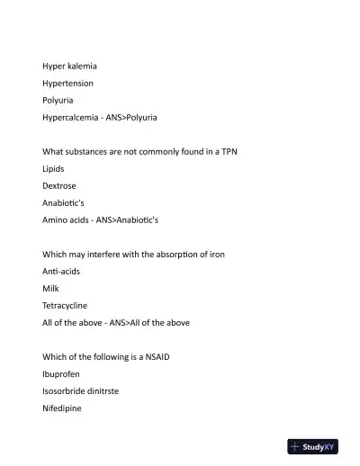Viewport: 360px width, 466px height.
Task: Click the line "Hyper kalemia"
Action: pos(70,67)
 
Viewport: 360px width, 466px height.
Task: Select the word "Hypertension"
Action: pos(67,84)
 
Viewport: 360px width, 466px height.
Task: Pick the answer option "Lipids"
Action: pos(53,168)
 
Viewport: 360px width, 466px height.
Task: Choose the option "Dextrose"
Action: pos(58,185)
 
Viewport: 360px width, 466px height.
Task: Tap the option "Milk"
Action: pos(51,288)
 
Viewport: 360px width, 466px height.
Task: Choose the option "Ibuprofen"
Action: pos(61,373)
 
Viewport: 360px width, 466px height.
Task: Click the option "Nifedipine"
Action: pos(62,408)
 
